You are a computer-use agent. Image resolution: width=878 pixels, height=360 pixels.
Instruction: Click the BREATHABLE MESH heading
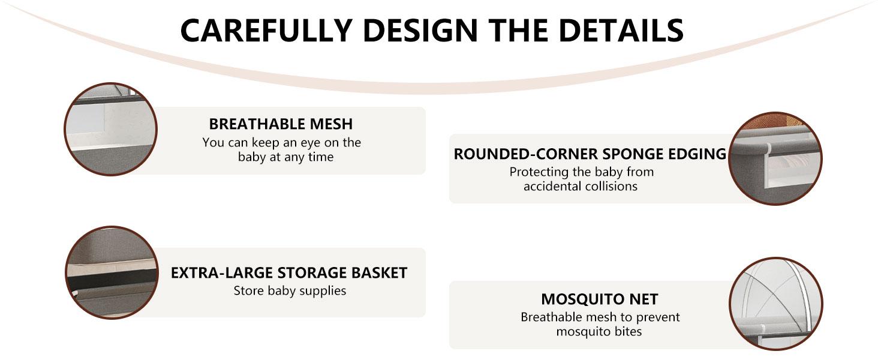tap(281, 124)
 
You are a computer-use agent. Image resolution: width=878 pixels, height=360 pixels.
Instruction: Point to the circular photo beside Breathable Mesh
tap(110, 129)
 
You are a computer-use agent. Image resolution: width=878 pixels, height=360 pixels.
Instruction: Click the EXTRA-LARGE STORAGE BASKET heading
tap(289, 273)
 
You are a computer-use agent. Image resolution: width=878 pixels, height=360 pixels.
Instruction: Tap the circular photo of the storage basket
tap(111, 272)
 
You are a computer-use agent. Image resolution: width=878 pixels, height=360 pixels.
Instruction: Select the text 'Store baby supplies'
tap(290, 291)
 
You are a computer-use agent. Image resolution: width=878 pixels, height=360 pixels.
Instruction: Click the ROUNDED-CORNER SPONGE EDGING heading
tap(590, 154)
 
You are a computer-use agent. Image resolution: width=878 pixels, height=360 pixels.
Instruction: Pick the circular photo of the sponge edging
tap(775, 158)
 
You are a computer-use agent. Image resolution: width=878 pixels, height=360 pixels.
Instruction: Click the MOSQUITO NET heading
tap(599, 299)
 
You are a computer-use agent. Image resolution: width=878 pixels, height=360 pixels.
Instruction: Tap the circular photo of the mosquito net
tap(775, 304)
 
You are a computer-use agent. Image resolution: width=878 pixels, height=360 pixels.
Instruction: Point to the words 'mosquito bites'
tap(599, 331)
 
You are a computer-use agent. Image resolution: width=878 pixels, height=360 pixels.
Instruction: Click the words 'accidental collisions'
tap(580, 186)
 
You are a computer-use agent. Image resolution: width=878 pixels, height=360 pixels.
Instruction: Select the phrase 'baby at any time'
tap(285, 157)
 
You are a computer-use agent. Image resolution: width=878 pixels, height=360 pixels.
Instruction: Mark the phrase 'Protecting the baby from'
tap(582, 172)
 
